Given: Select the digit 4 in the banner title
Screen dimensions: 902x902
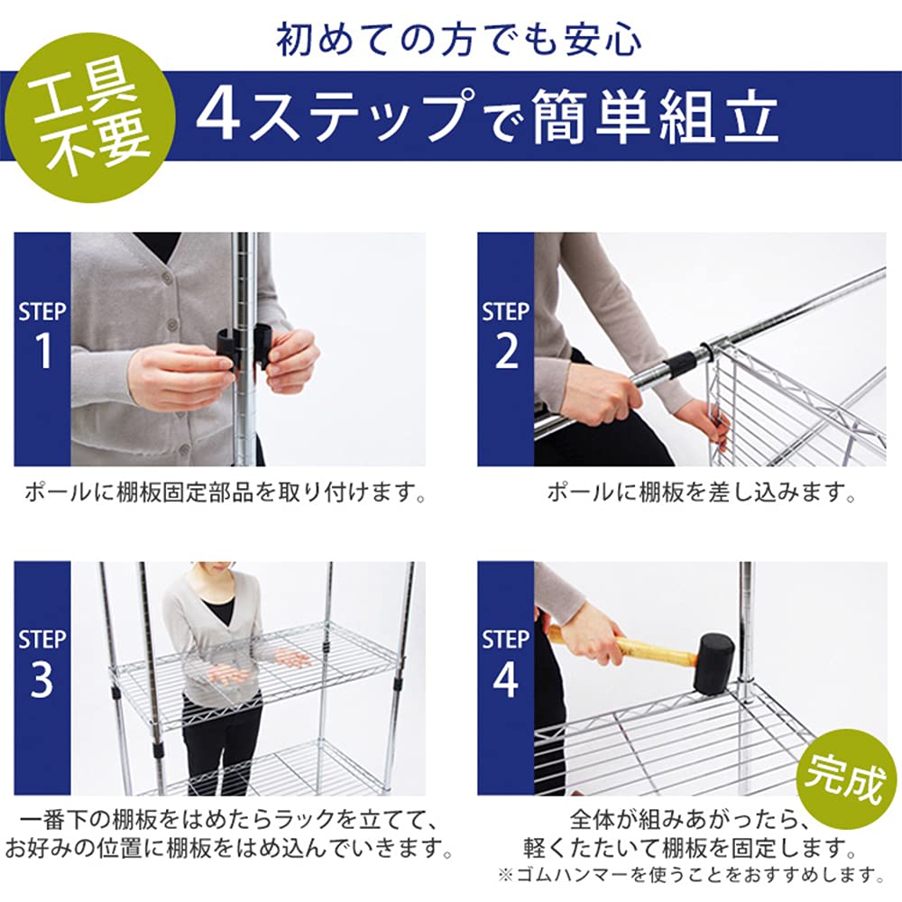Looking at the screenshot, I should coord(217,116).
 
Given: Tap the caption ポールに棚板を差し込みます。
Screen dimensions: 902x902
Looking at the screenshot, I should coord(701,492).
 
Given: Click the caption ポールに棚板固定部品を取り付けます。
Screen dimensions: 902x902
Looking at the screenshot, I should coord(225,492).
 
